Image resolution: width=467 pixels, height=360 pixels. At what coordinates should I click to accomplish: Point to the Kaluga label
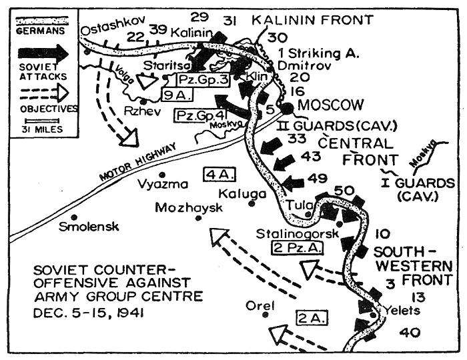point(248,193)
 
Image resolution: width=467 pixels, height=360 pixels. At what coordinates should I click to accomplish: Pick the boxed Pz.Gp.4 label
point(197,116)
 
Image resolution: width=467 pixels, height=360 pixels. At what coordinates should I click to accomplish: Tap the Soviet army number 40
point(413,331)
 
